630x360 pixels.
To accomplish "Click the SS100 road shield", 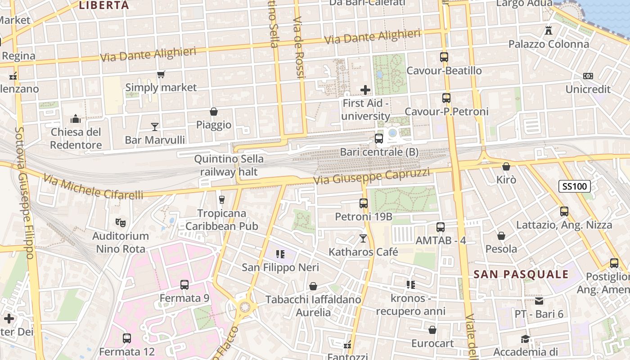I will click(x=575, y=186).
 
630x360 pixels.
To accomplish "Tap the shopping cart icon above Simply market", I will click(x=161, y=74).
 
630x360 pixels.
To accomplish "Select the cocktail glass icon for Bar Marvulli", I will click(x=155, y=127).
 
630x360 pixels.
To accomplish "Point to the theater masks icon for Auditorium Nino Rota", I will click(x=120, y=222).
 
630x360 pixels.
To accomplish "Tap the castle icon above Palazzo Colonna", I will click(x=548, y=31).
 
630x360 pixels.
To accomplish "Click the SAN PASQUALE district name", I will click(x=521, y=274).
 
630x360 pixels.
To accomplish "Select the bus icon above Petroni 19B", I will click(x=364, y=203).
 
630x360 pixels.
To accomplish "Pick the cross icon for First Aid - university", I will click(x=365, y=90).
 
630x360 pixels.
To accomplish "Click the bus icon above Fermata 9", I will click(x=184, y=284).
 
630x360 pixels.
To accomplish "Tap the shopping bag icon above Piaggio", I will click(x=214, y=112).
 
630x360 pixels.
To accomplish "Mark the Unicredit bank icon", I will click(x=588, y=76).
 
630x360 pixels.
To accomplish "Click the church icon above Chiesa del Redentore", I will click(x=76, y=119).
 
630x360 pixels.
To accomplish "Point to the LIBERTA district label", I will click(x=104, y=5).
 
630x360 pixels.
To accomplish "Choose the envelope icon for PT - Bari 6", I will click(x=539, y=301).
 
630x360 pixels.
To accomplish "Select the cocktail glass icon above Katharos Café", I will click(x=363, y=238).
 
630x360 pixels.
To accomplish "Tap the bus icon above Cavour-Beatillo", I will click(x=444, y=57).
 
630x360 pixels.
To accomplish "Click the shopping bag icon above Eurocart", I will click(x=432, y=330).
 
